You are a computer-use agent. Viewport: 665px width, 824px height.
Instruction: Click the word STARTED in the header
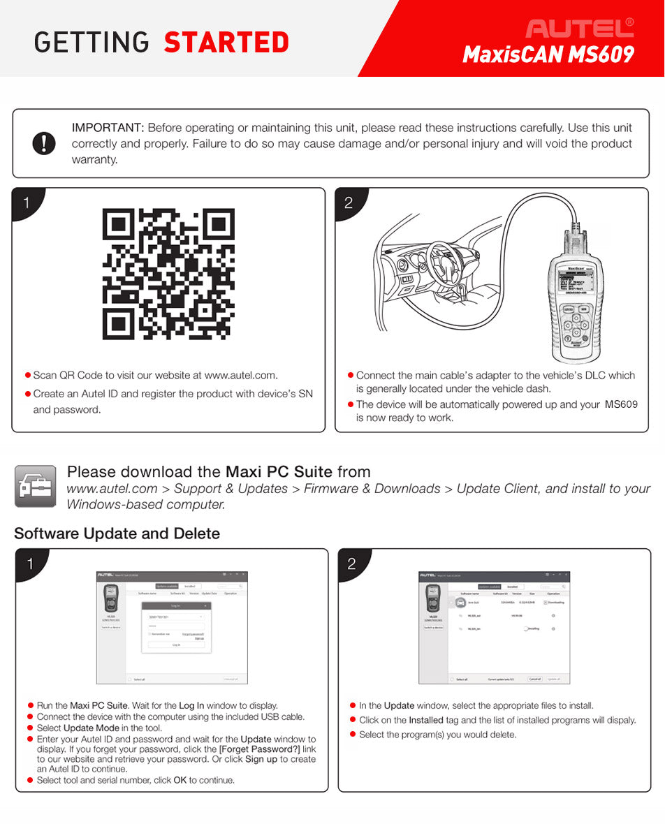coord(226,43)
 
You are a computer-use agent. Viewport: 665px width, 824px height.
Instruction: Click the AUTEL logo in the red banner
coord(580,28)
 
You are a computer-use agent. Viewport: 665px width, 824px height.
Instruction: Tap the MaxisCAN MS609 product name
coord(548,54)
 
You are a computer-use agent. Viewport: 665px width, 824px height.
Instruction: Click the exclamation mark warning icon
coord(44,143)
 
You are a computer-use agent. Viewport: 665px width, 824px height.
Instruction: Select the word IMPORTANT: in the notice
coord(108,128)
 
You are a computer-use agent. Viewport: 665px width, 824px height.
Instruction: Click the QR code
coord(168,274)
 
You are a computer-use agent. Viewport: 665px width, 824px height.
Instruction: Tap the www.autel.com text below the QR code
coord(241,376)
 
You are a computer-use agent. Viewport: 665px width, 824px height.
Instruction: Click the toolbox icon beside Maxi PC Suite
coord(35,486)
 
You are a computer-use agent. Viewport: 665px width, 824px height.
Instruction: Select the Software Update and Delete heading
coord(117,534)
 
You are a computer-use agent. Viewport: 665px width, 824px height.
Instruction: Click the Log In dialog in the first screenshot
coord(176,626)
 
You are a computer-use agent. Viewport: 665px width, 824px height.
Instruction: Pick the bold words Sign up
coord(261,759)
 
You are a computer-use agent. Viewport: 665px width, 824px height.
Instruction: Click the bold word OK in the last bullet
coord(180,780)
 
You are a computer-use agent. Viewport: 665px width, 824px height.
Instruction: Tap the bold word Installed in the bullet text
coord(426,720)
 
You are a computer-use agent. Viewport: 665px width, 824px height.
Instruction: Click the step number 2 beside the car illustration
coord(349,204)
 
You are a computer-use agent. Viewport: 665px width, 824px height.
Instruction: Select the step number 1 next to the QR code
coord(27,203)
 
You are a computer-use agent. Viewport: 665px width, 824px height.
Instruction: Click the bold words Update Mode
coord(91,728)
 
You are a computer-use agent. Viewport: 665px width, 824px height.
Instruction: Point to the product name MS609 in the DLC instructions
coord(621,404)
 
